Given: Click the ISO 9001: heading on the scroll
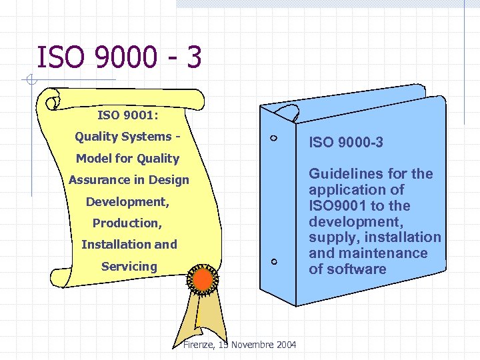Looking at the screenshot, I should [127, 115].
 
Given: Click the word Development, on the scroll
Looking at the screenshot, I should [127, 201].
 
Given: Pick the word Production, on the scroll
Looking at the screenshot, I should [127, 223].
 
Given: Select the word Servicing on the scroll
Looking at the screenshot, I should [129, 267].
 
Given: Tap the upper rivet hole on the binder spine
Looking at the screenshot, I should [275, 139].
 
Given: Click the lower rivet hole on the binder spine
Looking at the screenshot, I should [275, 262].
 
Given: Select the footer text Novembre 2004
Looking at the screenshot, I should [263, 344].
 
